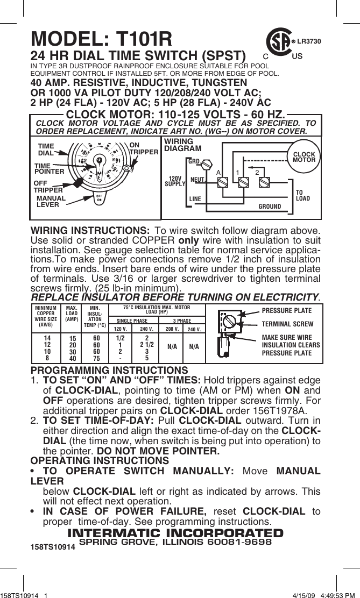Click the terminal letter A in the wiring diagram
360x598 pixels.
(x=218, y=172)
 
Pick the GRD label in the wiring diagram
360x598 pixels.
(x=194, y=161)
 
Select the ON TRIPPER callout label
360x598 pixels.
(x=144, y=148)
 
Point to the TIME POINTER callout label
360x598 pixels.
(x=49, y=168)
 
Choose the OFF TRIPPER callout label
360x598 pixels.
(x=48, y=186)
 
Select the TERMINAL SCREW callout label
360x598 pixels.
(x=287, y=324)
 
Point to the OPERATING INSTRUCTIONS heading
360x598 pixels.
(x=100, y=461)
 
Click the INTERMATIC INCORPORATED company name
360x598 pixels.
(x=175, y=533)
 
